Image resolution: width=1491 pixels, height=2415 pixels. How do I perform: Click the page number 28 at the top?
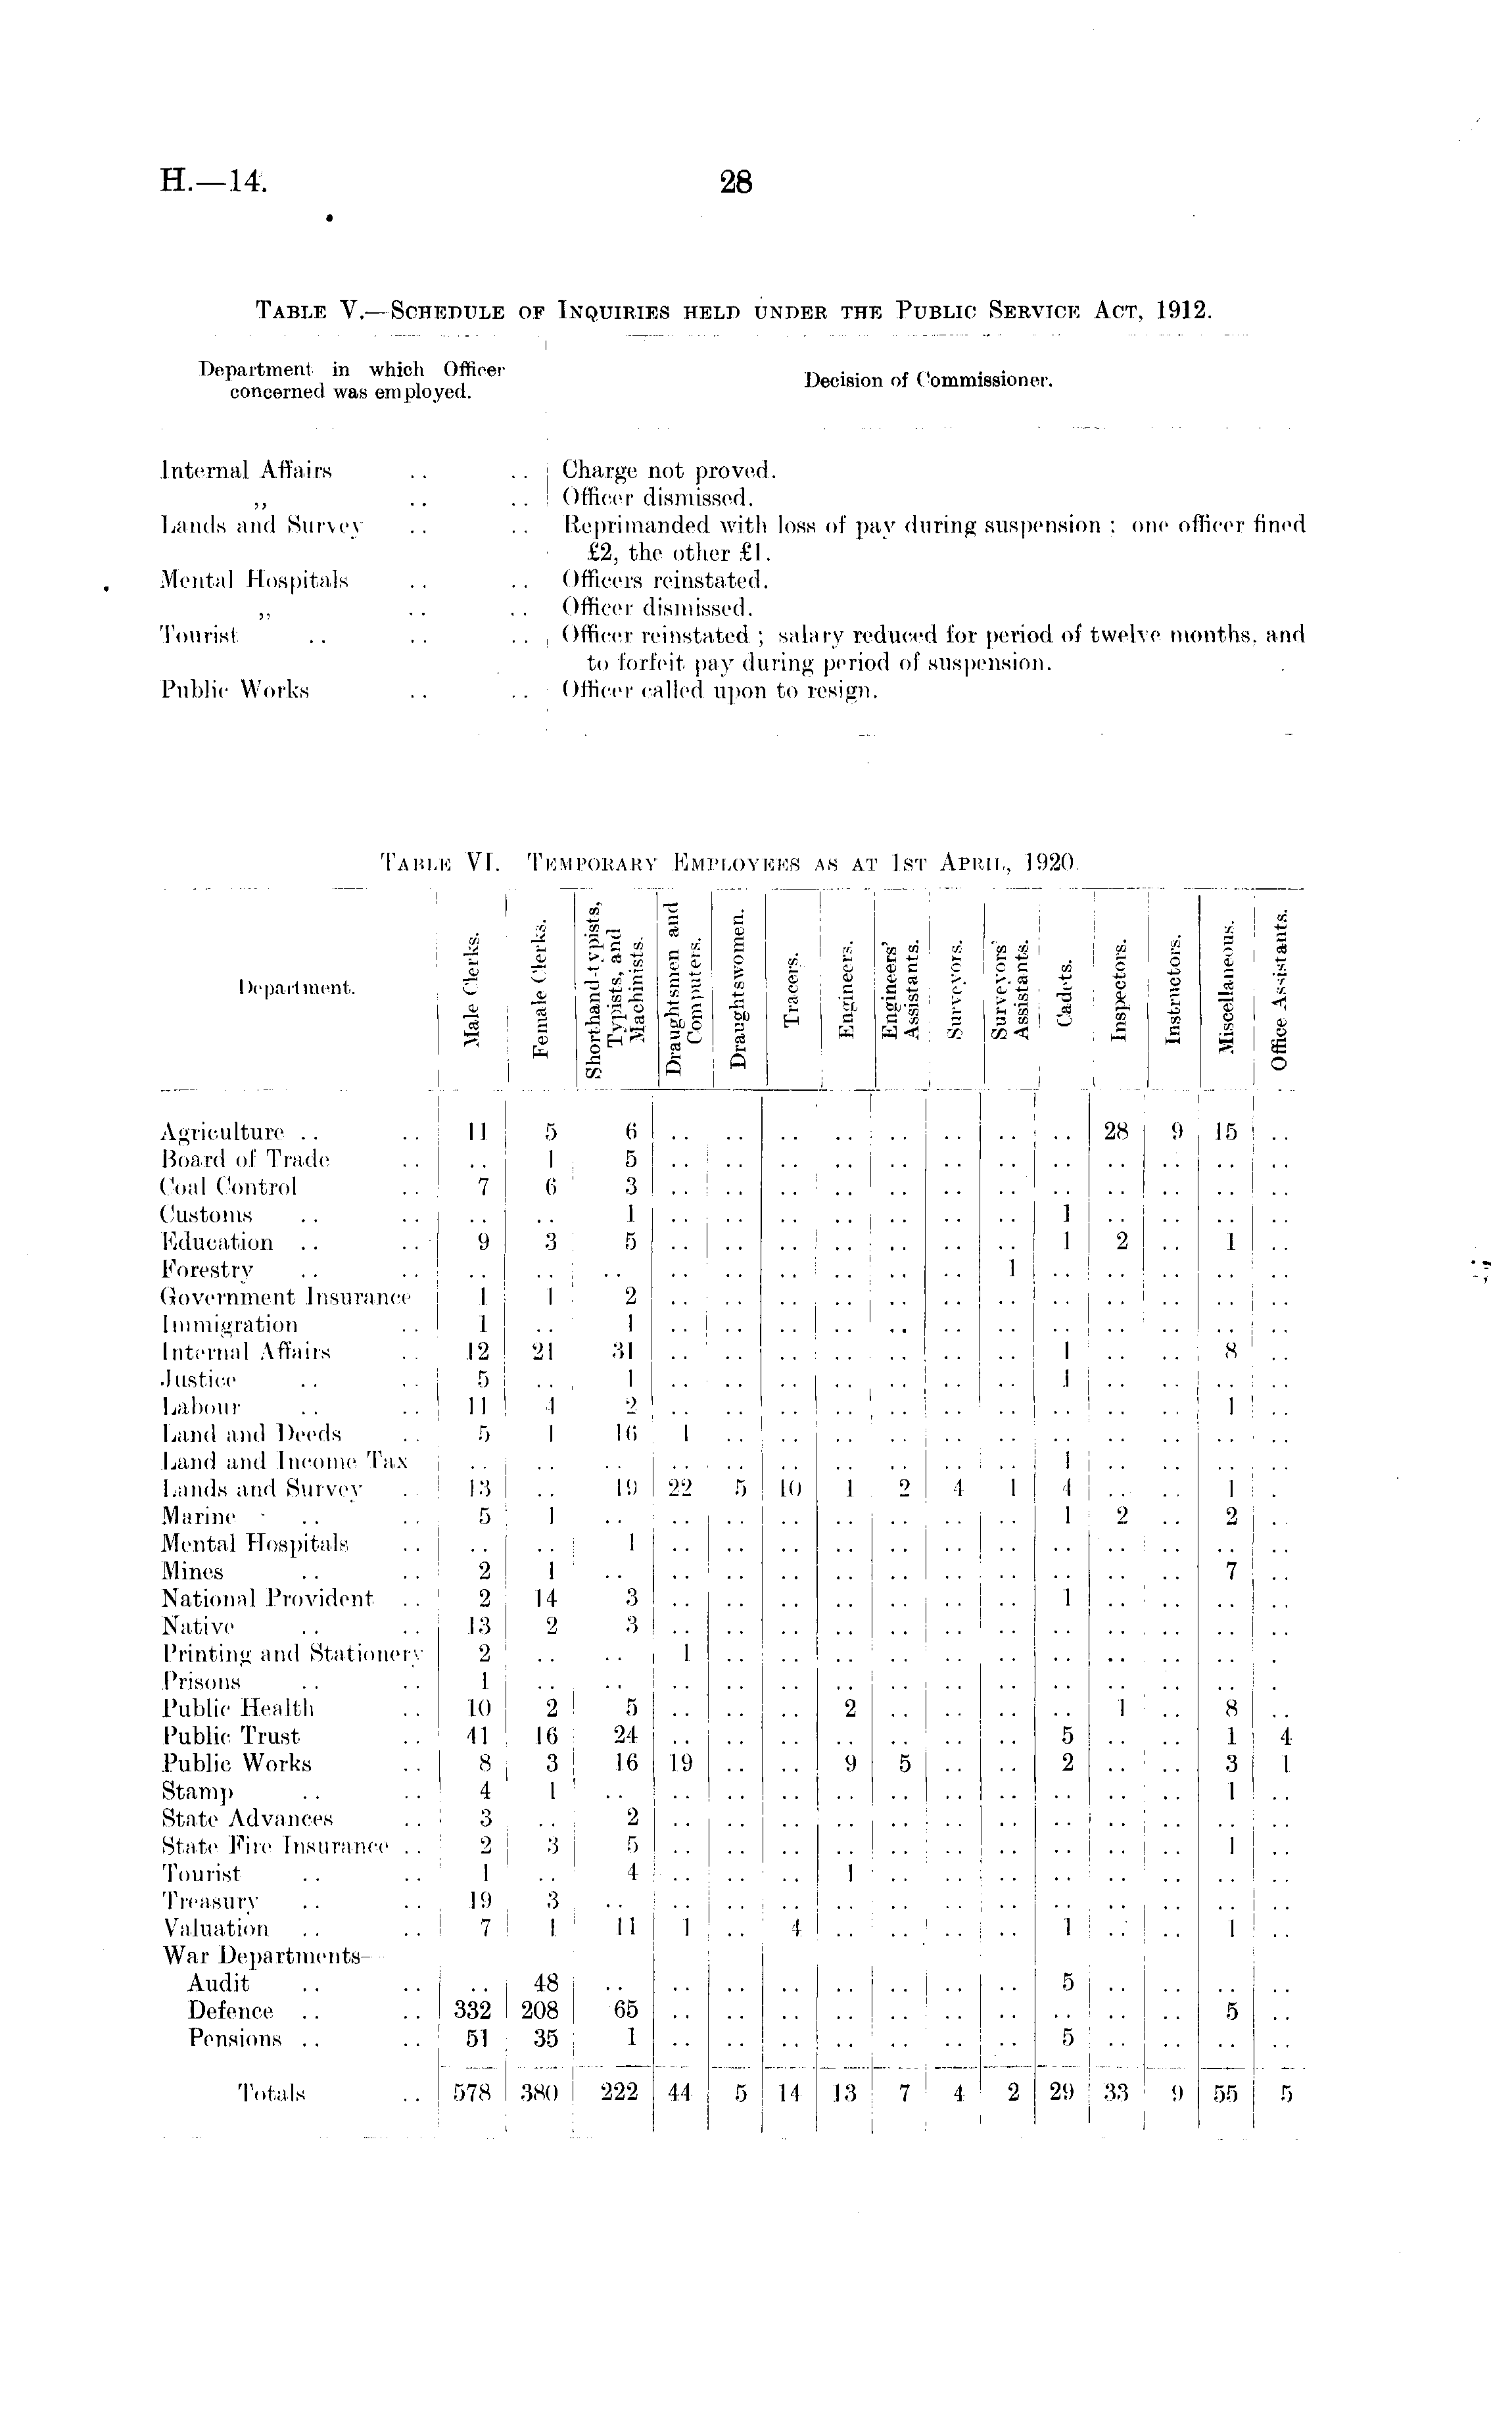(736, 182)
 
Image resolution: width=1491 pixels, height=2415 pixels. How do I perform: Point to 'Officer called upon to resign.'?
(719, 690)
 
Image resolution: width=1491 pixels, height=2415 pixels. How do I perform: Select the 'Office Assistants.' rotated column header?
(1279, 989)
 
